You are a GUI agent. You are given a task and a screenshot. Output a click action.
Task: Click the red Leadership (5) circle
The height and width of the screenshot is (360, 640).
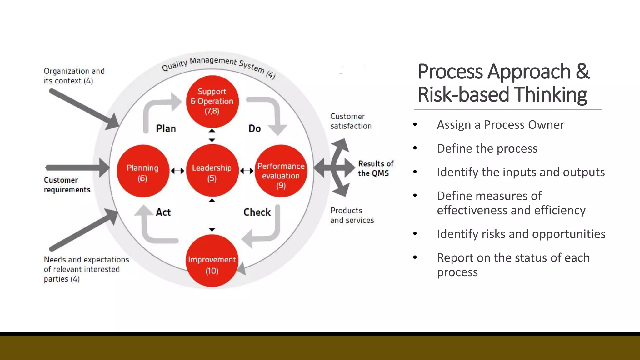click(x=212, y=171)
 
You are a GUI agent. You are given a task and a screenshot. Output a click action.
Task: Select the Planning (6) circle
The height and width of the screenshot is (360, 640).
click(x=143, y=171)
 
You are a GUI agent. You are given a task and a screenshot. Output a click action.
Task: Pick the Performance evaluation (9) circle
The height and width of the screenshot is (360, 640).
click(x=281, y=171)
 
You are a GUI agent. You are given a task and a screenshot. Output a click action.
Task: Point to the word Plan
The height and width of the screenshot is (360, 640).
click(x=166, y=128)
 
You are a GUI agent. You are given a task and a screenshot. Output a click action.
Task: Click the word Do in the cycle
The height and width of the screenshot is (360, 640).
click(x=255, y=128)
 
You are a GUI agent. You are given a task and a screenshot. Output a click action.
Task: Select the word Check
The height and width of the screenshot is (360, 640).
click(x=257, y=212)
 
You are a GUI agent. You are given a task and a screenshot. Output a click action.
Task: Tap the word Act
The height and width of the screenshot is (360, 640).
click(x=163, y=212)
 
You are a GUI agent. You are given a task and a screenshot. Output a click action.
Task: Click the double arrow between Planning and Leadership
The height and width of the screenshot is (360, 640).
click(x=177, y=171)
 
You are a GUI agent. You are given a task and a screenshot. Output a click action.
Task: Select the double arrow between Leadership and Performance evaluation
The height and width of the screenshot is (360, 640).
click(x=247, y=171)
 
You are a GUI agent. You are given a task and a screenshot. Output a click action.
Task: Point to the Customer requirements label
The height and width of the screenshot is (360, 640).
click(x=67, y=185)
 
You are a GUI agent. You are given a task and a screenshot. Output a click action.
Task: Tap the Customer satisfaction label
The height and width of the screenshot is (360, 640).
click(x=351, y=121)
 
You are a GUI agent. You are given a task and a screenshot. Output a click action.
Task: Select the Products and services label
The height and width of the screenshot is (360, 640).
click(x=352, y=215)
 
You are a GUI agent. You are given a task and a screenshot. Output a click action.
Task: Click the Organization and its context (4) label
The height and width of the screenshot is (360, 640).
click(x=74, y=76)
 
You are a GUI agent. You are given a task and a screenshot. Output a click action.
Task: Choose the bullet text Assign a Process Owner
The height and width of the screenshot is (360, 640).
click(x=500, y=125)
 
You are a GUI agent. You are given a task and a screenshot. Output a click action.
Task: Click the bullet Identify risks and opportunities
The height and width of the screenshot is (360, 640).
click(x=521, y=234)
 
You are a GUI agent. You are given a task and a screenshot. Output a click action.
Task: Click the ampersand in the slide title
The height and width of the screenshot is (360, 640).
click(x=582, y=71)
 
